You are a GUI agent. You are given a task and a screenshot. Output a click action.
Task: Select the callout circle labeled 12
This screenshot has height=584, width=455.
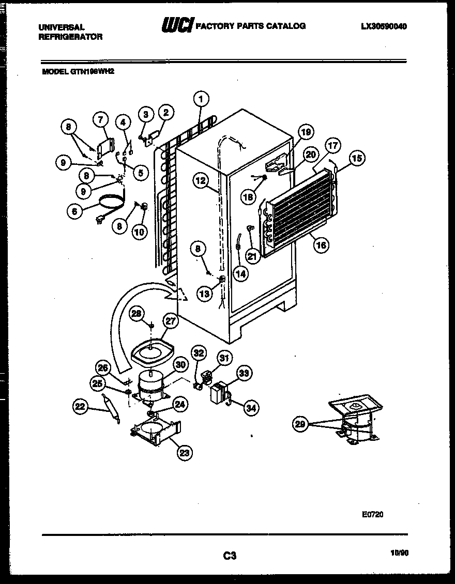coord(201,180)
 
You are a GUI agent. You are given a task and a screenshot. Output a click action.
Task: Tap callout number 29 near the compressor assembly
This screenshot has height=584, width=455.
coord(299,424)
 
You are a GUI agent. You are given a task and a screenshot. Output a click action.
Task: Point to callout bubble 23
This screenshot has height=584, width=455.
coord(184,453)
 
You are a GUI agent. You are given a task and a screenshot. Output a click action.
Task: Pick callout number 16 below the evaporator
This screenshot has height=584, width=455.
coord(321,245)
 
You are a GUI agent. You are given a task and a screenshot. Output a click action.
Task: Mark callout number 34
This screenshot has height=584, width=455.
coord(250,408)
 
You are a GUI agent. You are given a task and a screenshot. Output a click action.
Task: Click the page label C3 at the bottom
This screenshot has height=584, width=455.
coord(230,556)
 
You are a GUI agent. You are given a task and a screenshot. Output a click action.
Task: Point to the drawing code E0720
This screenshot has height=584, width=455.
coord(372,514)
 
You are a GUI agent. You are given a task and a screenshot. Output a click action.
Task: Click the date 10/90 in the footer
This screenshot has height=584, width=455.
coord(400,552)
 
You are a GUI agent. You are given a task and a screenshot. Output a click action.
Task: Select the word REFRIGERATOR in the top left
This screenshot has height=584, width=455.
coord(70,37)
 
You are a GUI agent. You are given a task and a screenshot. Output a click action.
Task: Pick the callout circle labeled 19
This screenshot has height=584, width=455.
coord(306,132)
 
